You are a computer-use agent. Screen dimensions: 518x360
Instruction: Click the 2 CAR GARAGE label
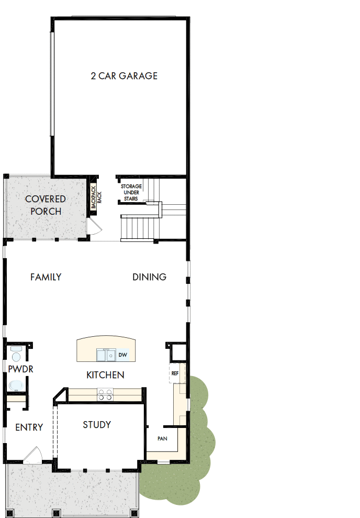click(x=124, y=76)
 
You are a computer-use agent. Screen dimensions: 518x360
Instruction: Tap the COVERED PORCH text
click(x=46, y=205)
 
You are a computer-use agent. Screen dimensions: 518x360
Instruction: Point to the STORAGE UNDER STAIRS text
click(x=131, y=192)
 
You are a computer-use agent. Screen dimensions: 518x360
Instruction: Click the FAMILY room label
click(x=46, y=277)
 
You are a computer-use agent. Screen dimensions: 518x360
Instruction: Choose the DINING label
click(x=149, y=277)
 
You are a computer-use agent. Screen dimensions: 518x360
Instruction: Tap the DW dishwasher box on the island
click(x=123, y=355)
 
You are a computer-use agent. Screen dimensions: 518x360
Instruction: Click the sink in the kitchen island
click(x=107, y=356)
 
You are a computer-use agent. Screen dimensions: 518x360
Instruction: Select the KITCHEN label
click(x=105, y=375)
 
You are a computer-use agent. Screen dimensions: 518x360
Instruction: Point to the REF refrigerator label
click(x=175, y=373)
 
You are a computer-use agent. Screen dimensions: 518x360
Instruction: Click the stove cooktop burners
click(x=105, y=394)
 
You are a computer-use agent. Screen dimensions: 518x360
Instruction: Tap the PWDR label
click(x=21, y=369)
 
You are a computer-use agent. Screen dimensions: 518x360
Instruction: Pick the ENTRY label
click(x=29, y=427)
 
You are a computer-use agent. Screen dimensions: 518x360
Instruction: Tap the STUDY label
click(x=97, y=425)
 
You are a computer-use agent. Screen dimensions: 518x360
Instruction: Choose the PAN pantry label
click(x=162, y=438)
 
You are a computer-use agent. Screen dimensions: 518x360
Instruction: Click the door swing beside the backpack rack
click(x=94, y=227)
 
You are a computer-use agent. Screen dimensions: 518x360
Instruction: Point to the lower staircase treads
click(x=140, y=227)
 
